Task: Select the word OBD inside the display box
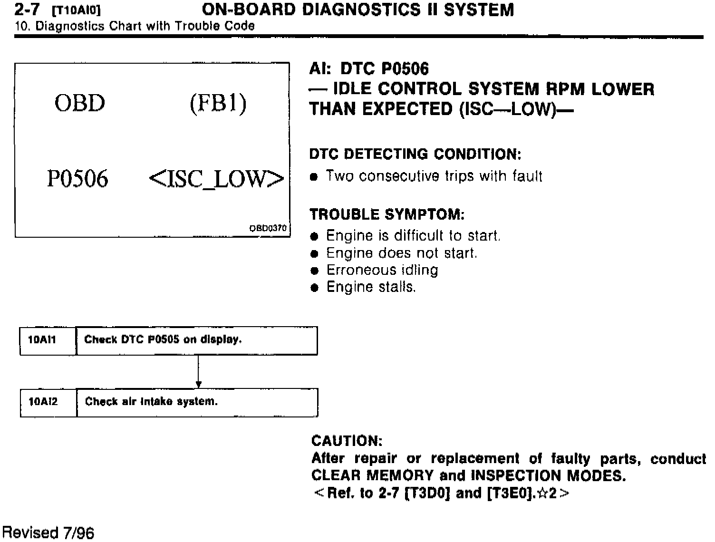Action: pos(79,103)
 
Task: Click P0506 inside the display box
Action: pos(77,179)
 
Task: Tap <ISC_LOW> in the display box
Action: pos(216,179)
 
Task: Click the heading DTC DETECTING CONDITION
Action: pos(415,154)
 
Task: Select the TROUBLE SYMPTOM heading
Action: pos(386,214)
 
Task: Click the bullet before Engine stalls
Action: pos(313,288)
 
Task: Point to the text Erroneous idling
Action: pos(382,270)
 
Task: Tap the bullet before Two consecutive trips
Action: pos(313,177)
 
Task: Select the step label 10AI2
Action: pos(43,402)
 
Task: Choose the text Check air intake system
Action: pos(151,402)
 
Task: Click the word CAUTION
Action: pos(347,441)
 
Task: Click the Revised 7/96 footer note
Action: pos(48,532)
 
